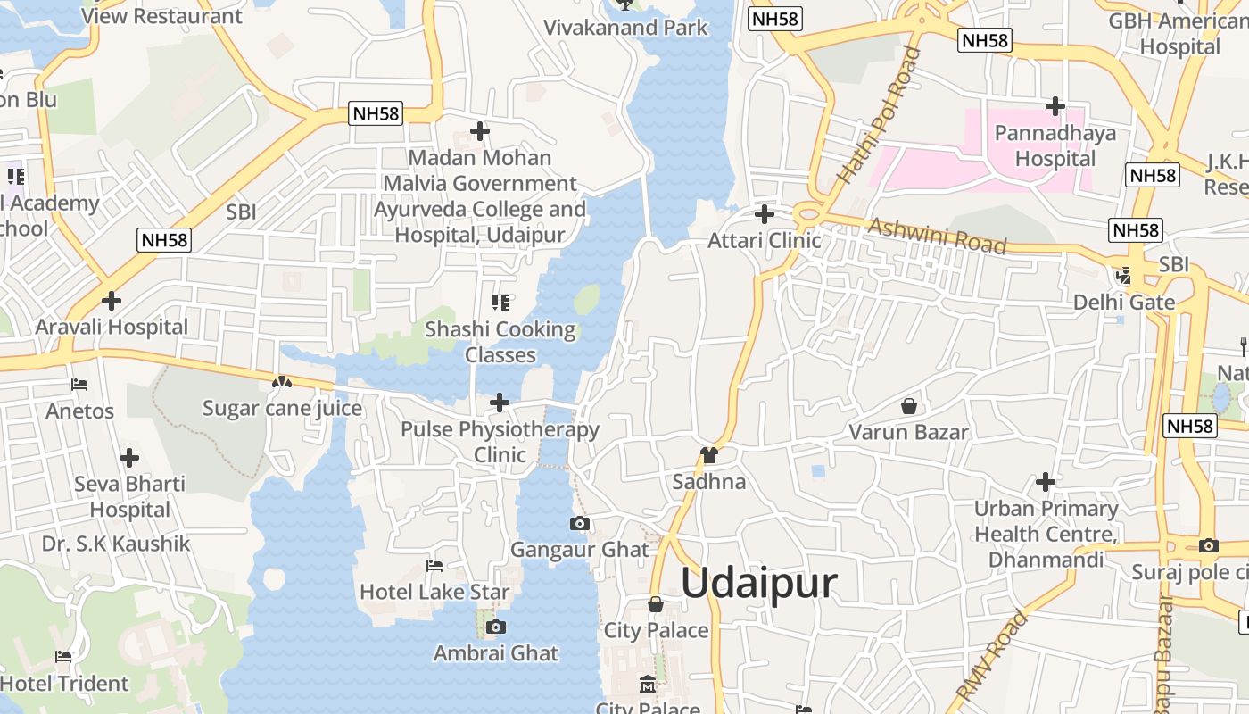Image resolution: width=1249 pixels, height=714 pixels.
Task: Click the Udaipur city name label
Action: tap(759, 583)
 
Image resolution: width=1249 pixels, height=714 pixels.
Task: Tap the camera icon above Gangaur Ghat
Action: tap(580, 523)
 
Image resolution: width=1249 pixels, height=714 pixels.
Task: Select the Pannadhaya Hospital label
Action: tap(1055, 146)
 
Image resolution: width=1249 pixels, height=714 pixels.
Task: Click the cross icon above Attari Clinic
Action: tap(765, 214)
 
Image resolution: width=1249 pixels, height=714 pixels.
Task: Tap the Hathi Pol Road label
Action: tap(879, 116)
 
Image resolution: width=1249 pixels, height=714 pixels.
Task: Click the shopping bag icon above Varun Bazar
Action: tap(908, 407)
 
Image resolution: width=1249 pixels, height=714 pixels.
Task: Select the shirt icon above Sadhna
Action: tap(709, 455)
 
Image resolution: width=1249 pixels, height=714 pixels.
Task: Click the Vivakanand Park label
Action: tap(625, 28)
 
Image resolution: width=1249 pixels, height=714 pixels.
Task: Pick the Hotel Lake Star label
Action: tap(434, 592)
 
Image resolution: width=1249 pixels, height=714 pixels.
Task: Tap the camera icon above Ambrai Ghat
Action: tap(496, 627)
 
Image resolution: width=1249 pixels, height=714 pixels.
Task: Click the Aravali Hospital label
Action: tap(112, 327)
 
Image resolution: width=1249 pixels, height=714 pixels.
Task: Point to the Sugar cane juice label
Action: tap(282, 409)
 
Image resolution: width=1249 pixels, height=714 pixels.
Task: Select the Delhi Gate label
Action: tap(1123, 302)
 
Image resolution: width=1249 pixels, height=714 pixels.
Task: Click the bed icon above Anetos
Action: tap(79, 386)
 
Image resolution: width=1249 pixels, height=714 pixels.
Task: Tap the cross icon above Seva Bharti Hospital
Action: tap(129, 459)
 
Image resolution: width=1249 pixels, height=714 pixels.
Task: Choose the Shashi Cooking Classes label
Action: tap(500, 342)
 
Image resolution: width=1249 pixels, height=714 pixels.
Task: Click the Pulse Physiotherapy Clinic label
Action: tap(500, 442)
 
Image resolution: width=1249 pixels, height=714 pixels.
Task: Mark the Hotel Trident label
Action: tap(65, 684)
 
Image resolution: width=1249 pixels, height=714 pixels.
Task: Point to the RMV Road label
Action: tap(992, 656)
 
